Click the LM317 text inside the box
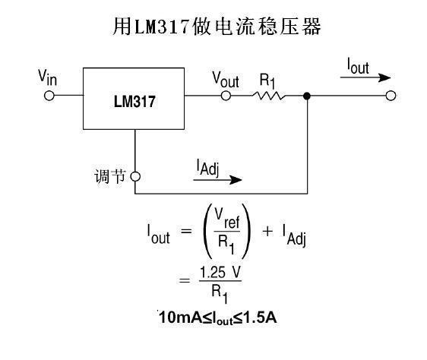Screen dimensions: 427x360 [x=134, y=101]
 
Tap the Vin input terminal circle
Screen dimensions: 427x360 [x=49, y=96]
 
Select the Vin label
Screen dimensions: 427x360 [x=47, y=77]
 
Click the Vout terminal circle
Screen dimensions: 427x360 [x=226, y=96]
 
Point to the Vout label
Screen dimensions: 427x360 [x=226, y=80]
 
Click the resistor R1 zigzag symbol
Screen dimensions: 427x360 [x=269, y=96]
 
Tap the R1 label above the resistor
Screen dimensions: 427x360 [x=267, y=81]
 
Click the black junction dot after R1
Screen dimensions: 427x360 [x=307, y=96]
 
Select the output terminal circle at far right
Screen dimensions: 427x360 [x=391, y=96]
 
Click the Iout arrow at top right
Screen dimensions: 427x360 [x=365, y=77]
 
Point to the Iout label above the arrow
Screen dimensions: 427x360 [x=358, y=66]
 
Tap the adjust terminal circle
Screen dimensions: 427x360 [x=135, y=176]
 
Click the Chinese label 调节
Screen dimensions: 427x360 [x=109, y=176]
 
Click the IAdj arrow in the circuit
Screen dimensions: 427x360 [x=217, y=180]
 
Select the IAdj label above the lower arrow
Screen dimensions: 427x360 [x=207, y=168]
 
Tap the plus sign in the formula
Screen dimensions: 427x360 [x=267, y=232]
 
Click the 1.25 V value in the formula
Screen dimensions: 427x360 [x=220, y=273]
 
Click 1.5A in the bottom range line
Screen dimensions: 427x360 [x=260, y=317]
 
